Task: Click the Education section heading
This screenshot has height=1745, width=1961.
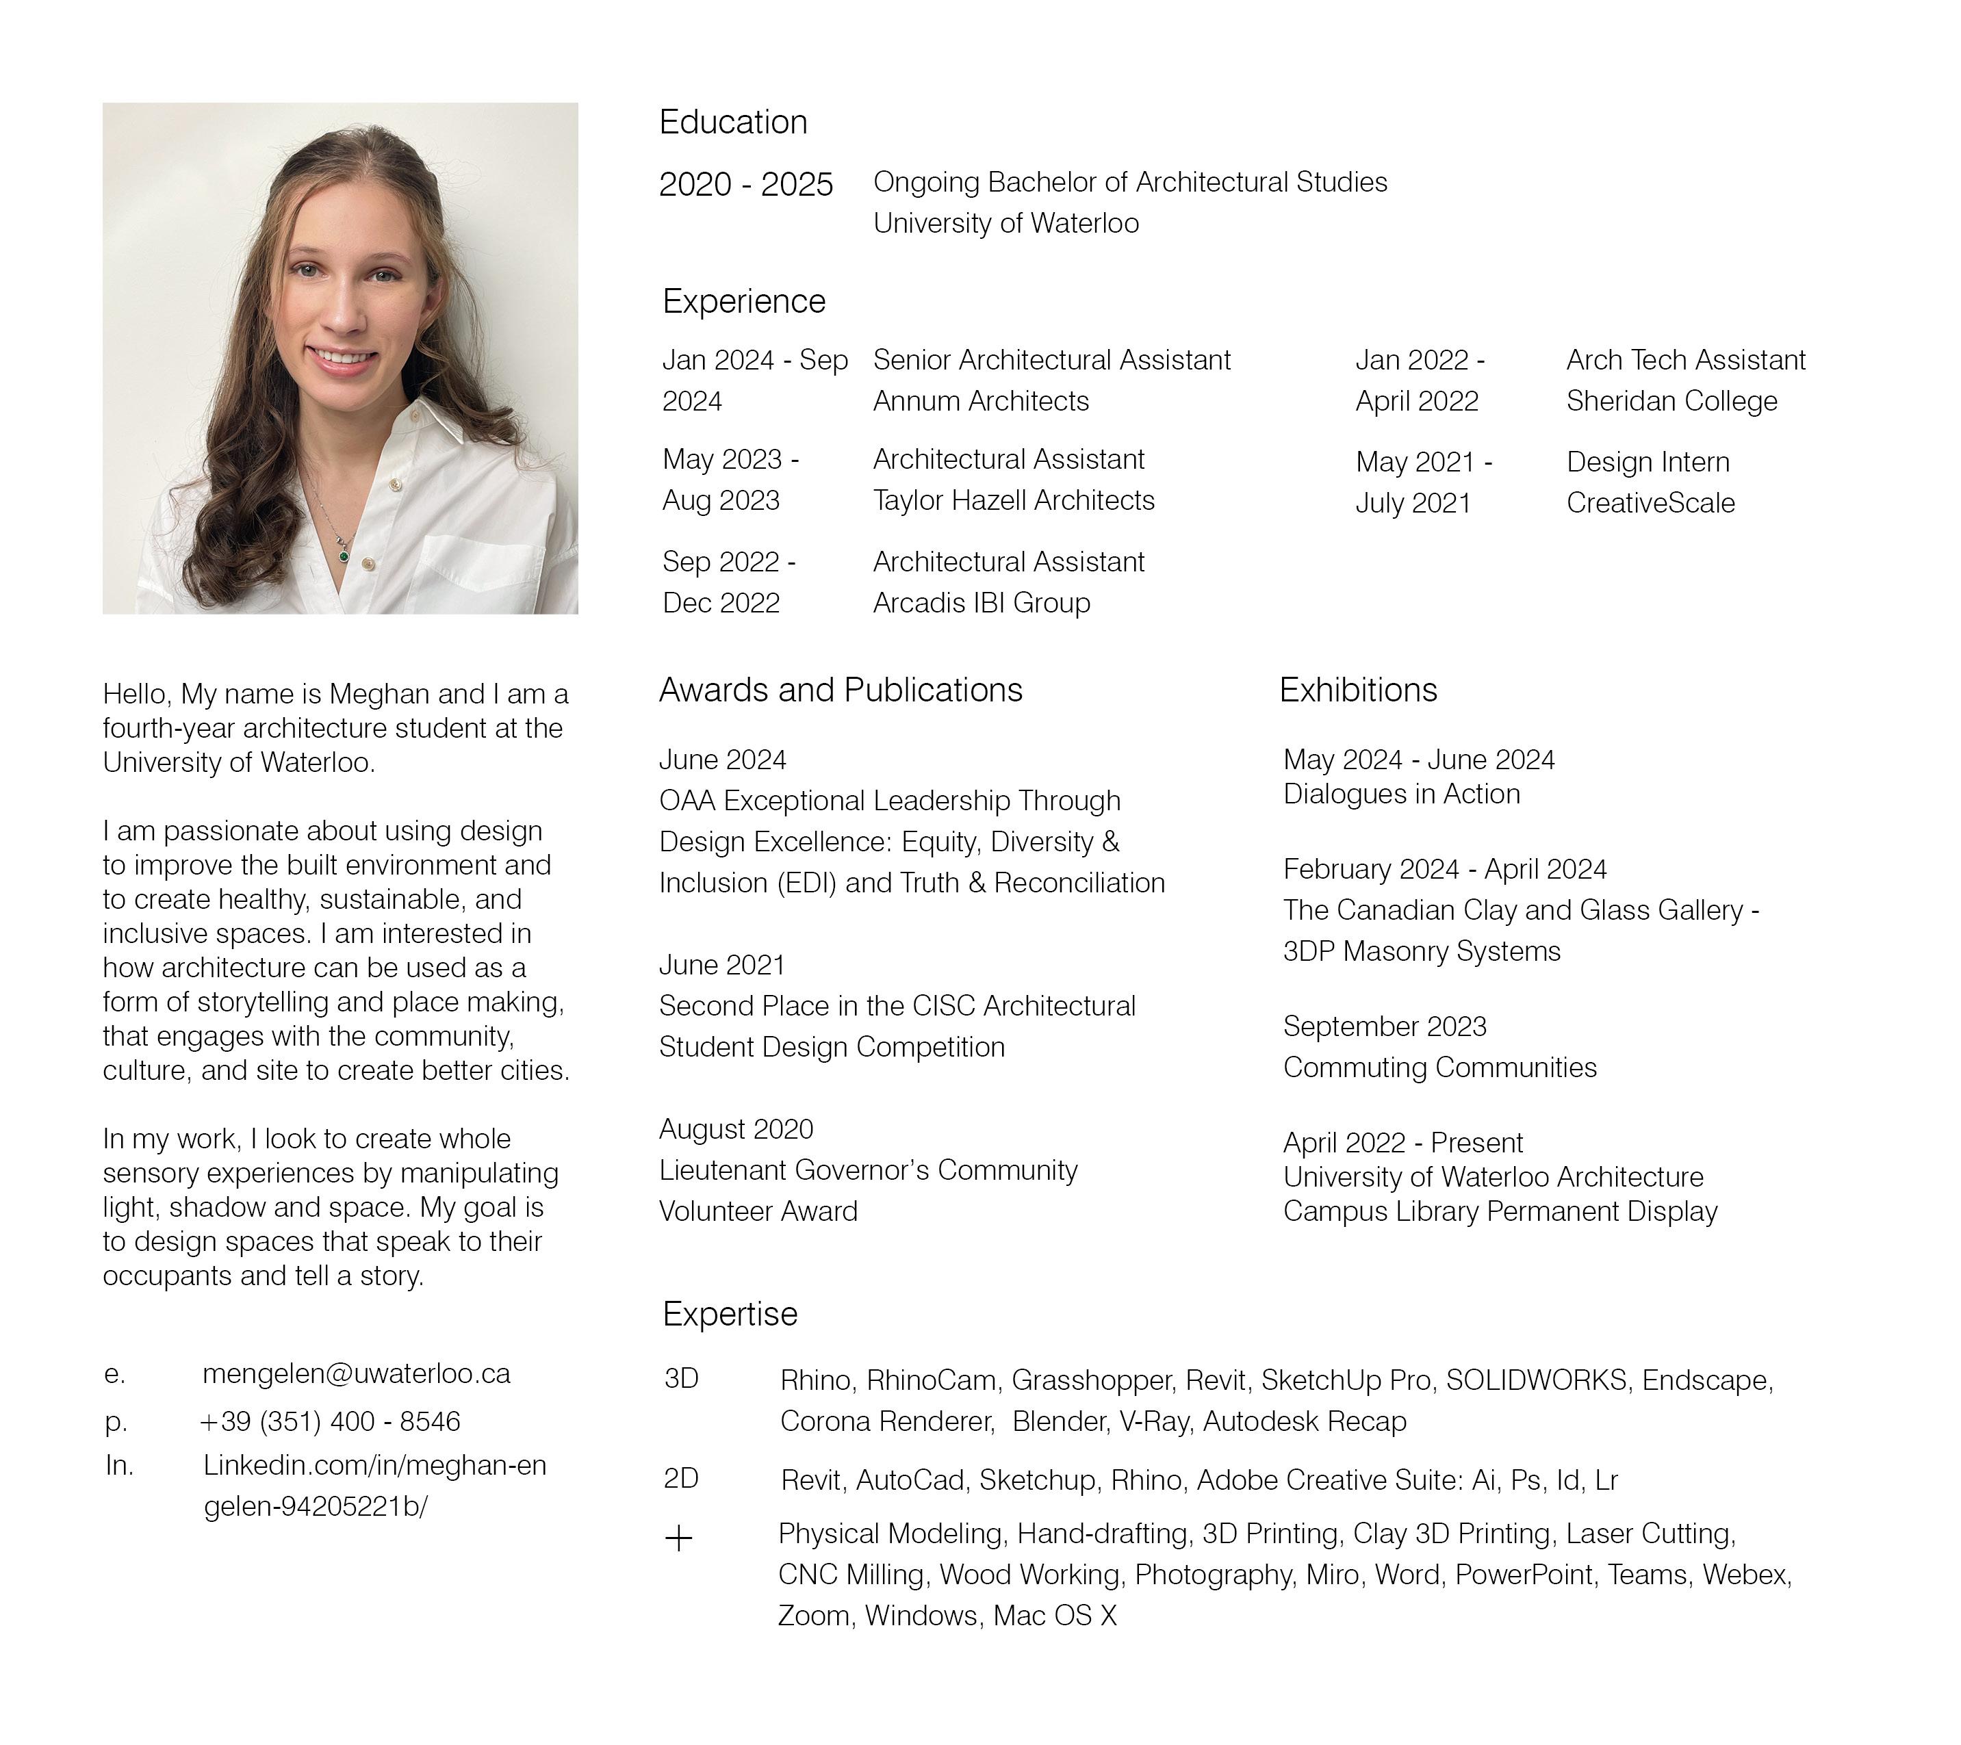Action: pyautogui.click(x=733, y=122)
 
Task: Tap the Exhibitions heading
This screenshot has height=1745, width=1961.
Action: pyautogui.click(x=1357, y=690)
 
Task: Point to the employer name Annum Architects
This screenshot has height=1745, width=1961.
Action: pyautogui.click(x=980, y=401)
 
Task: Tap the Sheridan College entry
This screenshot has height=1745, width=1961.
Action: pyautogui.click(x=1671, y=401)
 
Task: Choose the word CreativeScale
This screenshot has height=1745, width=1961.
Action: pyautogui.click(x=1650, y=504)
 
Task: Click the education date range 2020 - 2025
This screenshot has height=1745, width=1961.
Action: pyautogui.click(x=745, y=184)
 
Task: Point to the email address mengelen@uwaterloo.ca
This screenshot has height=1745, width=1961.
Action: pyautogui.click(x=356, y=1373)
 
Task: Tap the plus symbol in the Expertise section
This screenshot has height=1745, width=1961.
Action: pyautogui.click(x=678, y=1540)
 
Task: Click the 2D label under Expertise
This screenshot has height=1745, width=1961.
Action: pyautogui.click(x=681, y=1478)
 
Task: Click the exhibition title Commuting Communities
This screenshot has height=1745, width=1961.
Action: pyautogui.click(x=1439, y=1068)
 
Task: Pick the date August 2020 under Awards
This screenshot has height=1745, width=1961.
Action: pyautogui.click(x=736, y=1129)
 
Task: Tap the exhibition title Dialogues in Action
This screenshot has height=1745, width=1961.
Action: pyautogui.click(x=1400, y=794)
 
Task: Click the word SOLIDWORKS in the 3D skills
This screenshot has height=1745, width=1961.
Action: pyautogui.click(x=1536, y=1380)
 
